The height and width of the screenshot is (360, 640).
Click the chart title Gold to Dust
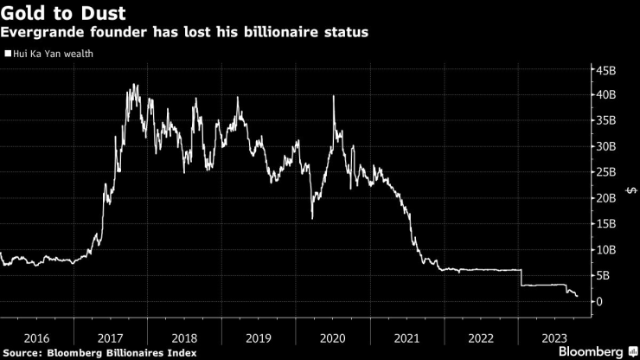[x=65, y=14]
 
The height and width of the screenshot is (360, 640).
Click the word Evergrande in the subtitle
[x=41, y=33]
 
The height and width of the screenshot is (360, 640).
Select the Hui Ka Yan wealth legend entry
[x=51, y=54]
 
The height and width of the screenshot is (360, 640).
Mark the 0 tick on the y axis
[x=598, y=301]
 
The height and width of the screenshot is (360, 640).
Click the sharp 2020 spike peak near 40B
[x=334, y=96]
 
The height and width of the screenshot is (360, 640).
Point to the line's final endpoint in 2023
[x=577, y=297]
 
